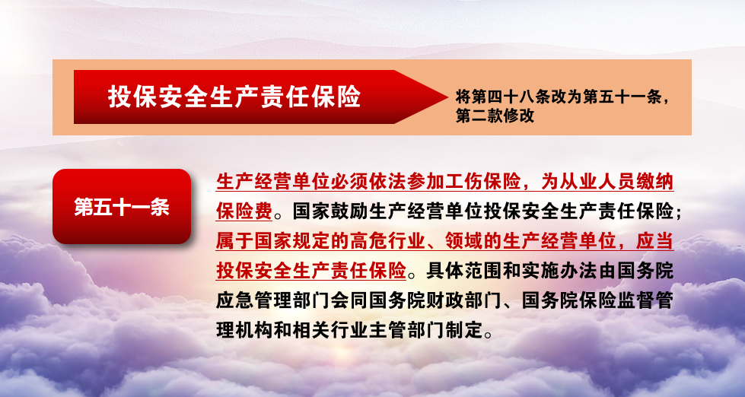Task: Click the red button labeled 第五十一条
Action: [x=122, y=207]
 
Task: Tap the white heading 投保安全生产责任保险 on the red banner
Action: [x=234, y=97]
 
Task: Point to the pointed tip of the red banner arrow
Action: [x=447, y=97]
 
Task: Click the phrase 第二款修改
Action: [x=495, y=116]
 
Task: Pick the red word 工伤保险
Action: [x=483, y=182]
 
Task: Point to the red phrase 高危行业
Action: [x=387, y=241]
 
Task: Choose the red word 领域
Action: [x=463, y=241]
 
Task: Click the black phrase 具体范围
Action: [x=464, y=271]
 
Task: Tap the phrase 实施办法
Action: [x=559, y=271]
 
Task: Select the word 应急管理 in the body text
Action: [x=254, y=300]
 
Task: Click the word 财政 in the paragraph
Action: [x=444, y=300]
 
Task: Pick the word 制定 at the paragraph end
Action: [x=463, y=330]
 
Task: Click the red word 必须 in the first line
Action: [x=349, y=182]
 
